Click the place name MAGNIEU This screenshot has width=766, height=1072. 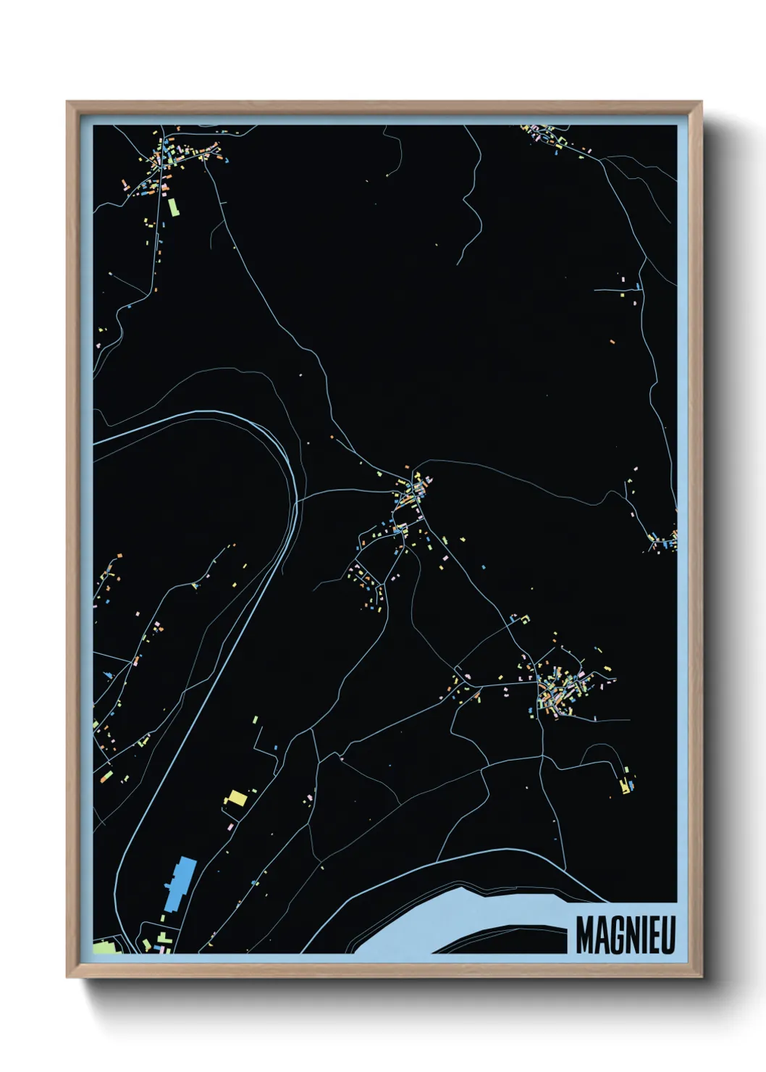point(626,935)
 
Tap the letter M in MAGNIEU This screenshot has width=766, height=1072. point(584,935)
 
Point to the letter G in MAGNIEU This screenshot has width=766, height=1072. point(613,935)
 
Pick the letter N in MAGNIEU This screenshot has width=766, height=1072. point(628,935)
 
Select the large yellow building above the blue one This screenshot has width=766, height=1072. point(236,799)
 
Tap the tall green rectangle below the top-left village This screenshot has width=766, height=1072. point(173,207)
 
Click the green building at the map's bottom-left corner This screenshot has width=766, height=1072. point(104,947)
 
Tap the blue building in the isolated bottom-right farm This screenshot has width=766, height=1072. point(631,785)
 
